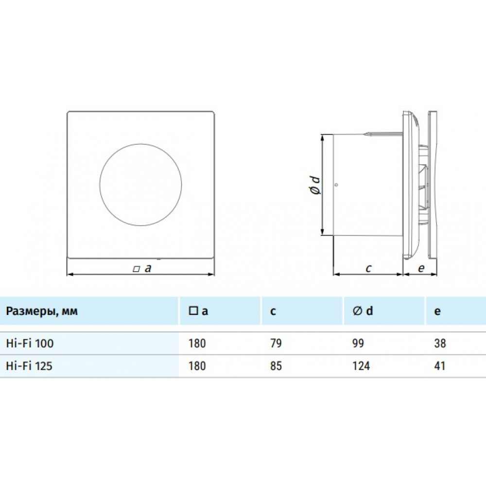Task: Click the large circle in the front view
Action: point(141,185)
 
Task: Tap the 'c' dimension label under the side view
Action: point(368,268)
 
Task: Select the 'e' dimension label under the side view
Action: point(421,268)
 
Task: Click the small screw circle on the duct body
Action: point(336,185)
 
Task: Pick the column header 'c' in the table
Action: point(273,311)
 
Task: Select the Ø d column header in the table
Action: point(364,311)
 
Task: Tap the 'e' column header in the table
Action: point(437,311)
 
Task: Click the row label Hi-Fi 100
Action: point(30,343)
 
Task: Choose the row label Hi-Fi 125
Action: point(30,365)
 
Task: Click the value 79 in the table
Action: point(275,343)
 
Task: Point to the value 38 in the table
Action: point(440,343)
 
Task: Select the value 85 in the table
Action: point(275,365)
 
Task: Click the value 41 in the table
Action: point(439,365)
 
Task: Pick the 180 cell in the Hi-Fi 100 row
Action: point(197,343)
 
